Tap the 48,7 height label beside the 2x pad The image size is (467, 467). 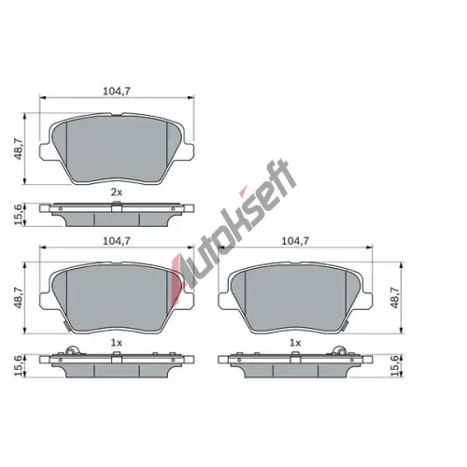pos(19,149)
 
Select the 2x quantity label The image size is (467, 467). pos(117,192)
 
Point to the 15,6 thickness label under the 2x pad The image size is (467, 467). pos(19,215)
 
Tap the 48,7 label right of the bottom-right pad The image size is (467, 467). pos(395,298)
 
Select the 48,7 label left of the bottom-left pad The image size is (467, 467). pos(19,298)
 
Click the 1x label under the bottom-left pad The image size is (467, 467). pos(117,343)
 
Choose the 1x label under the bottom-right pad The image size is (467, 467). pos(295,343)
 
